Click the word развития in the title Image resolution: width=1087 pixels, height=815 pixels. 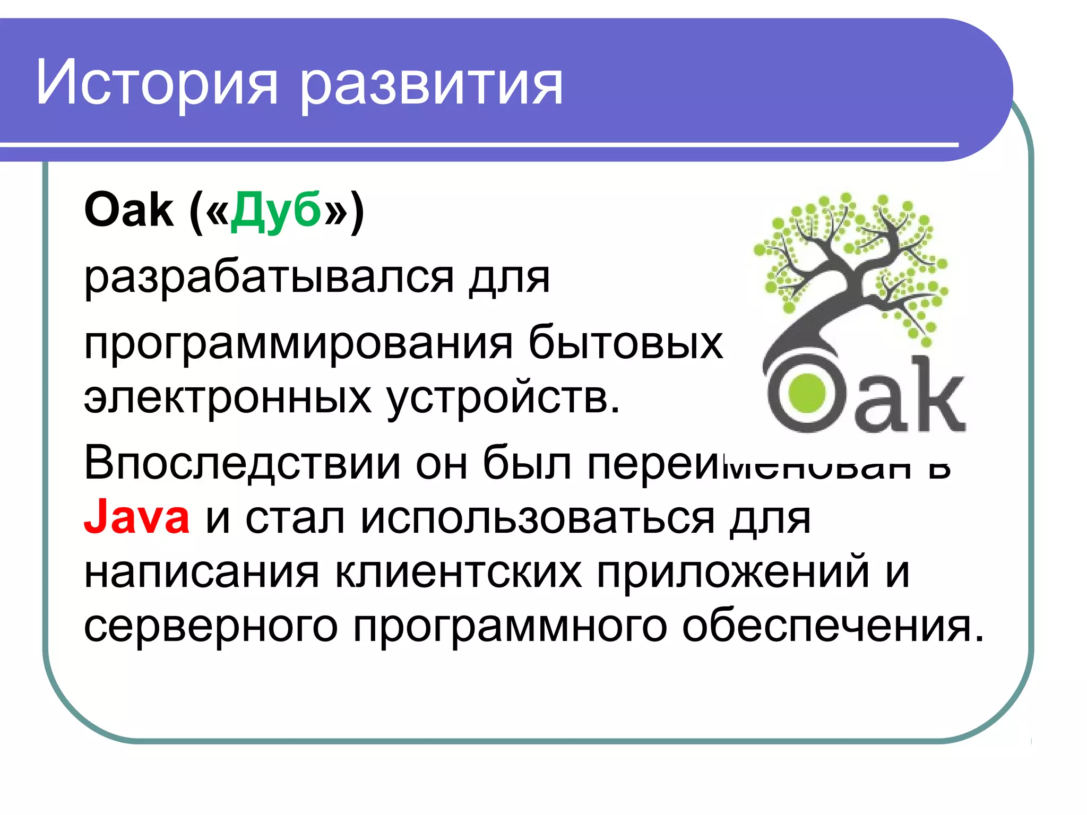click(431, 85)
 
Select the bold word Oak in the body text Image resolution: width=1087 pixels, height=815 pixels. click(128, 211)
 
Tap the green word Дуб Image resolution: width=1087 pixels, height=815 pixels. click(276, 211)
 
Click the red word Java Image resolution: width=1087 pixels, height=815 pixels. click(137, 517)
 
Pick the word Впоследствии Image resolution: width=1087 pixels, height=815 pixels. click(242, 463)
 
